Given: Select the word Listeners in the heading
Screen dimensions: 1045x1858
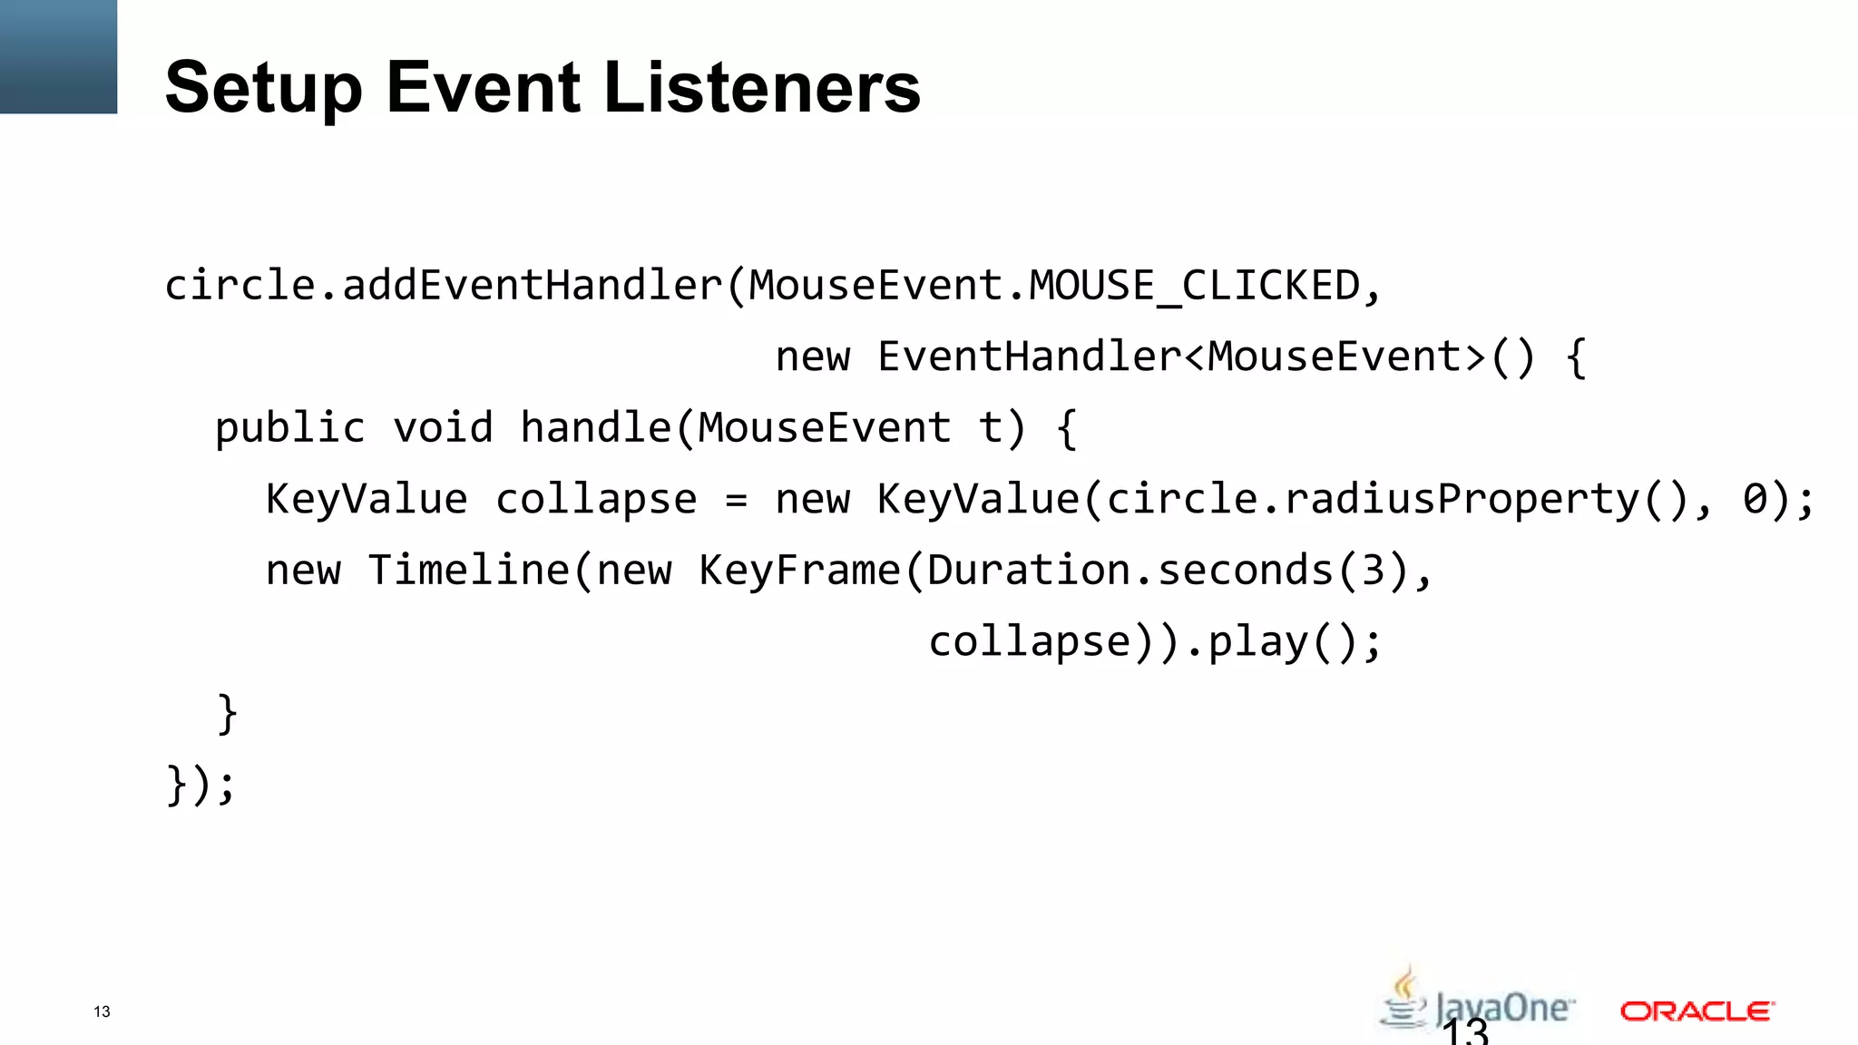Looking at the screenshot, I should point(762,87).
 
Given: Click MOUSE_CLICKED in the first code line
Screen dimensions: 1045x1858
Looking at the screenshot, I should point(1194,286).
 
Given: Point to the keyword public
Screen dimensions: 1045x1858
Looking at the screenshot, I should point(289,428).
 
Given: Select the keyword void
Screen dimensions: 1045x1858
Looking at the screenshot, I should point(443,428).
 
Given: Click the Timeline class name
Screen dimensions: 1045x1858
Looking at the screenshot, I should point(469,571).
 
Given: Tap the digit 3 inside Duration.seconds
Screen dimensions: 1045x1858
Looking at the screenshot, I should point(1373,571).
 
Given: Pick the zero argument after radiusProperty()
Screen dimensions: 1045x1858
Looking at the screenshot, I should point(1755,500).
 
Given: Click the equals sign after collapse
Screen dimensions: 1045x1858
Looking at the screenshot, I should point(737,500).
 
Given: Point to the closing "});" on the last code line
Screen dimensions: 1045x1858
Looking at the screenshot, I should point(200,785).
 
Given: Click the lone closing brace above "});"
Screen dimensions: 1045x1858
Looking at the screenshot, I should point(227,714).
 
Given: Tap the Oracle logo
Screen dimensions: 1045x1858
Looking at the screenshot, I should point(1697,1011).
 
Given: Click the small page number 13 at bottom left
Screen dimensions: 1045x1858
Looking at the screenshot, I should point(102,1011).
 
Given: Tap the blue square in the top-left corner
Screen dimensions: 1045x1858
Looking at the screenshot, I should point(58,56).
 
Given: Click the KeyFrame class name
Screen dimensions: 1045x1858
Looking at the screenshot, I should point(799,571).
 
